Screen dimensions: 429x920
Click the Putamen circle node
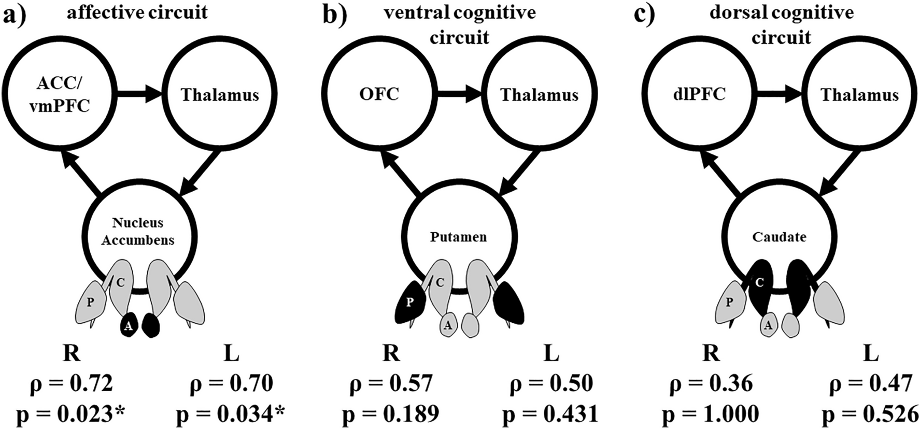point(459,237)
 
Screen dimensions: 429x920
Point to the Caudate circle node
point(779,237)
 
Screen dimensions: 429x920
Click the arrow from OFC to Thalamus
point(459,95)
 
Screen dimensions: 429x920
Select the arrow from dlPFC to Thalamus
point(779,95)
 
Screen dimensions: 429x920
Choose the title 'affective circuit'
point(137,12)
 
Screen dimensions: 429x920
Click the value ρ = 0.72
point(71,384)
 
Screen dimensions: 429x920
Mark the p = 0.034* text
point(231,414)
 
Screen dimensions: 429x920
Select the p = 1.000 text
point(711,414)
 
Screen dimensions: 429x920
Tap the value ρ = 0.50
point(551,384)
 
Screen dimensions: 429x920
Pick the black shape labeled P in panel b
point(409,302)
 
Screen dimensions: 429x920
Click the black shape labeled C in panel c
point(760,288)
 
